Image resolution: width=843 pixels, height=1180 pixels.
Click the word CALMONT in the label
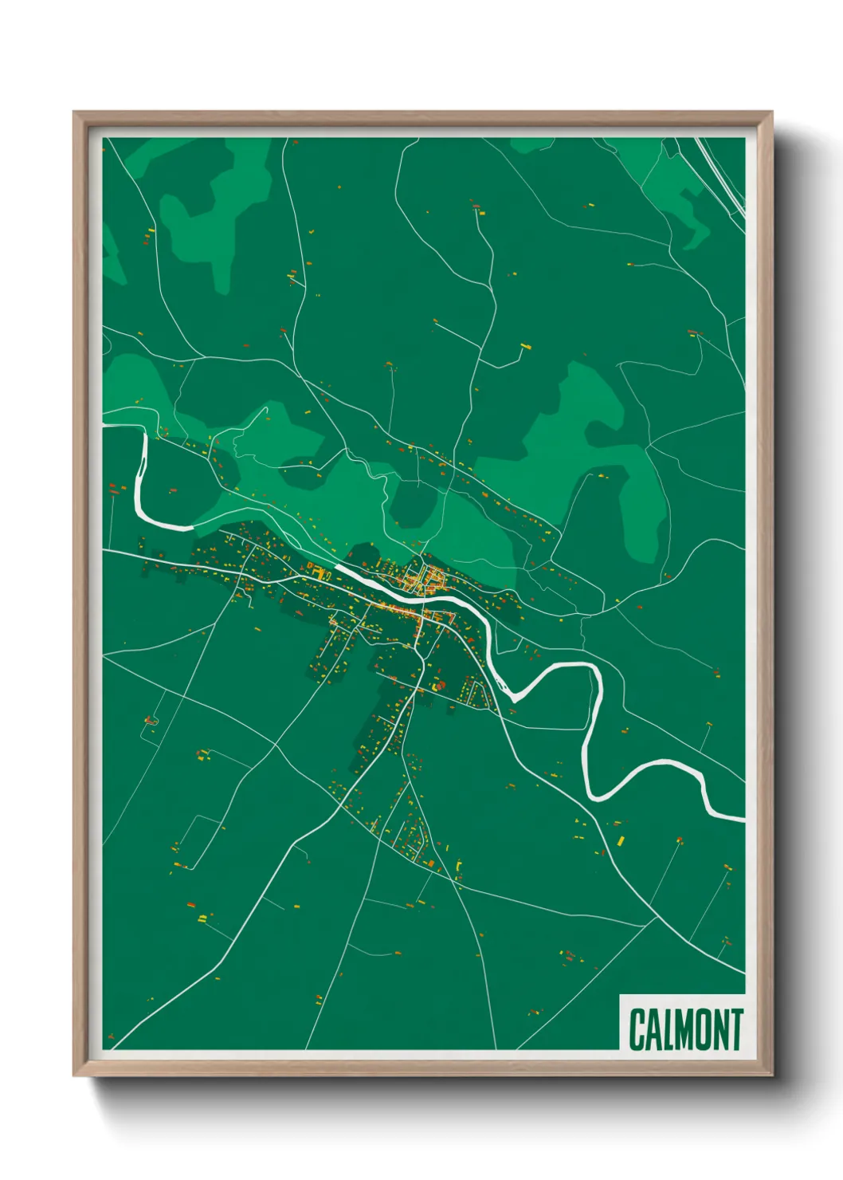[685, 1029]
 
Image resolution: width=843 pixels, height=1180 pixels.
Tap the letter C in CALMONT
[637, 1029]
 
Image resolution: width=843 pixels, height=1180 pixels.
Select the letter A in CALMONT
[653, 1029]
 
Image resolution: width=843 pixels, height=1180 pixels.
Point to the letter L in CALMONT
[668, 1029]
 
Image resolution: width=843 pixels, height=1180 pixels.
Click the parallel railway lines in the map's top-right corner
[721, 175]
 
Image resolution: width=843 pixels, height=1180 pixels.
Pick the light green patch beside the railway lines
[677, 199]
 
